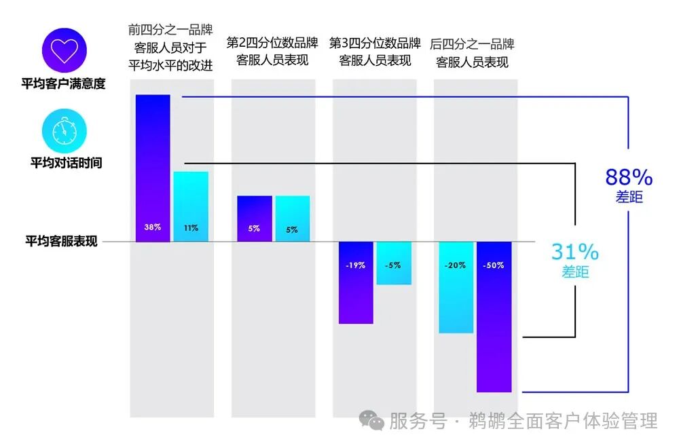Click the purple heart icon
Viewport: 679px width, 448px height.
pyautogui.click(x=65, y=51)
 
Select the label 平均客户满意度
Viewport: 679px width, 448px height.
pyautogui.click(x=63, y=85)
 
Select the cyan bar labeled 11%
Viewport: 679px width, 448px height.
pyautogui.click(x=191, y=206)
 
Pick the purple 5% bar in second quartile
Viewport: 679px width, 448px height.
pyautogui.click(x=254, y=218)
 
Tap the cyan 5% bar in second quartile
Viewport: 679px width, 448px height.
pyautogui.click(x=292, y=219)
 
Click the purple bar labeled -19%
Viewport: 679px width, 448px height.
pyautogui.click(x=356, y=282)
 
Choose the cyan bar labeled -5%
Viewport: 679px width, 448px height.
pyautogui.click(x=394, y=263)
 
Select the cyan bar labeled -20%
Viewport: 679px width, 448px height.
pyautogui.click(x=456, y=287)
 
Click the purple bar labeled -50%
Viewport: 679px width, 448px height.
pyautogui.click(x=494, y=316)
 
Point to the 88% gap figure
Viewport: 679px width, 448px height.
pyautogui.click(x=629, y=178)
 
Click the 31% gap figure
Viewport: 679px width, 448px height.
pyautogui.click(x=574, y=253)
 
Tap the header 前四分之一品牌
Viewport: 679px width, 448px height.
pyautogui.click(x=170, y=30)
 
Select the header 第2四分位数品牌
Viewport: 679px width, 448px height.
pyautogui.click(x=272, y=43)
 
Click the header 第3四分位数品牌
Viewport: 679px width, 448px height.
pyautogui.click(x=375, y=43)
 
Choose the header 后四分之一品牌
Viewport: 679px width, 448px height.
pyautogui.click(x=473, y=45)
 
